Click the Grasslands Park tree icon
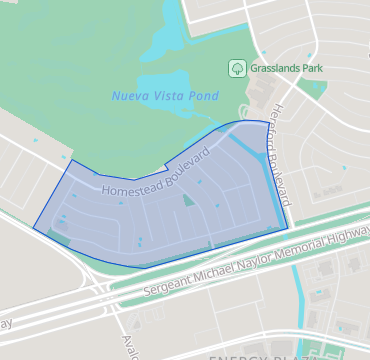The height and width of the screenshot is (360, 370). point(237,69)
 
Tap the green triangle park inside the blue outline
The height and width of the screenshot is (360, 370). point(188,200)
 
